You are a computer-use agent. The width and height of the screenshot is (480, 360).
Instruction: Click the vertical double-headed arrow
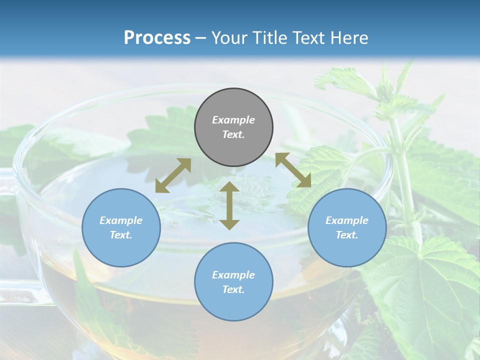[229, 205]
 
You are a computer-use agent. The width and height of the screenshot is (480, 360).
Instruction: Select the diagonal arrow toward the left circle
[173, 175]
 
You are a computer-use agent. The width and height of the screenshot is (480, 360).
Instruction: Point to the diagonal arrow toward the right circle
[293, 170]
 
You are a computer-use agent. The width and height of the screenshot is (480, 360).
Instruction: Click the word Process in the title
[157, 38]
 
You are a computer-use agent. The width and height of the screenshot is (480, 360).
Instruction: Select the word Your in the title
[229, 38]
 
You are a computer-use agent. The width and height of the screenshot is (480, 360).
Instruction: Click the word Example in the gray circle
[233, 120]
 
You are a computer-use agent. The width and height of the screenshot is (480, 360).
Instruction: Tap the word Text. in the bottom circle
[233, 289]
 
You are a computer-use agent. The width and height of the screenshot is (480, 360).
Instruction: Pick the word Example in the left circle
[121, 220]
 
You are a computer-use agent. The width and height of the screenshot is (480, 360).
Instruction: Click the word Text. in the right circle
[347, 235]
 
